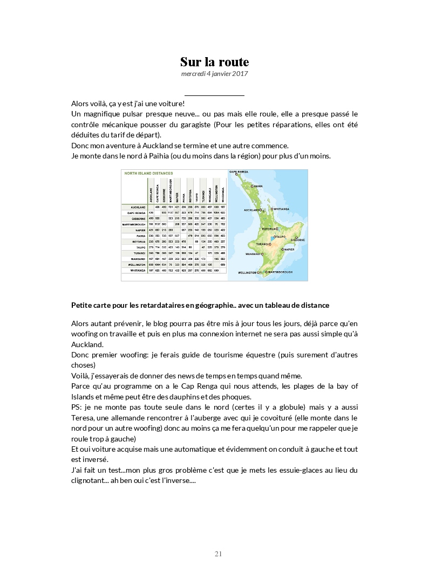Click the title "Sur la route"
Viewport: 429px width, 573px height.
tap(214, 62)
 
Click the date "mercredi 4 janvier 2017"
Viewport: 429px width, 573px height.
tap(214, 73)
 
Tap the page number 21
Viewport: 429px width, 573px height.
tap(218, 554)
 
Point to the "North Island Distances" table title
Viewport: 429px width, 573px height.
tap(149, 174)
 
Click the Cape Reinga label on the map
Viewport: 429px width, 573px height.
tap(241, 172)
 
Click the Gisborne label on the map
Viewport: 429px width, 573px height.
tap(298, 239)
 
